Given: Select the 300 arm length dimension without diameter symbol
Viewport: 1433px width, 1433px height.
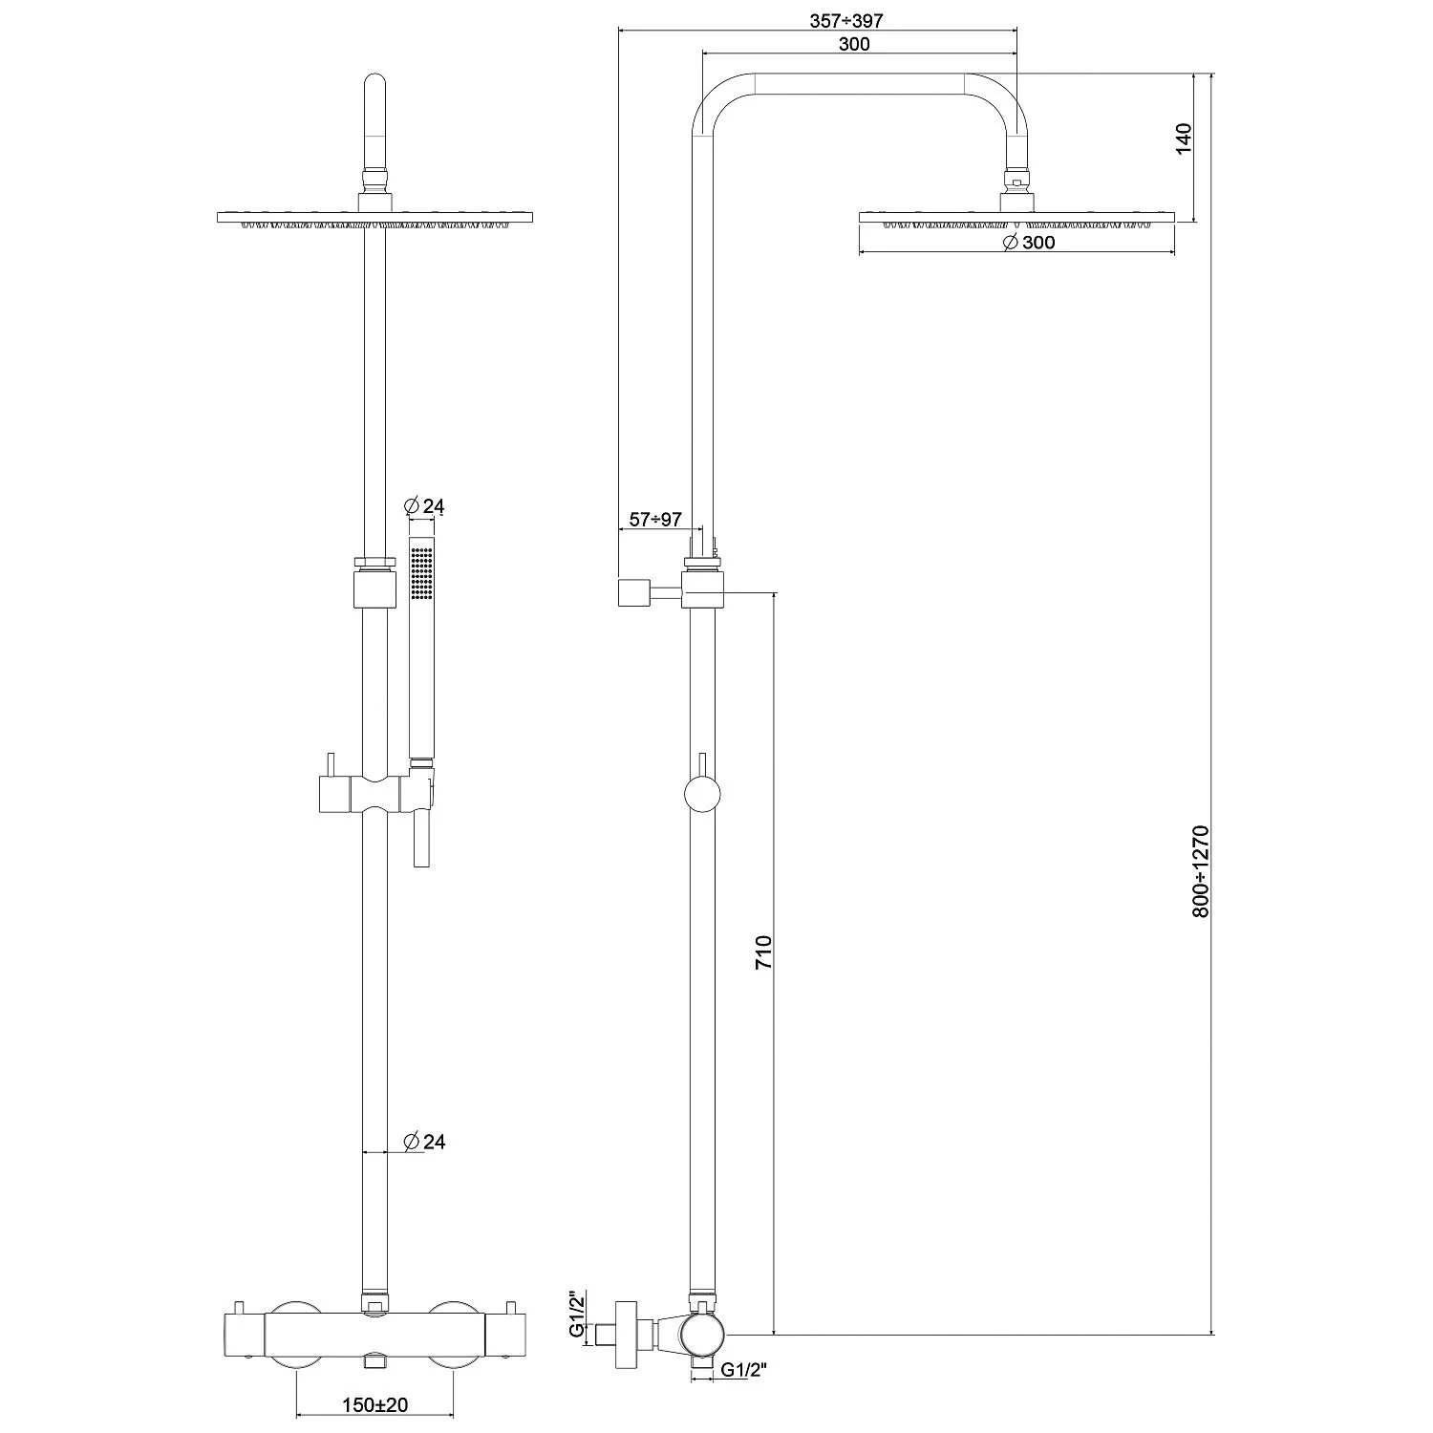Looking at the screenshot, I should tap(853, 44).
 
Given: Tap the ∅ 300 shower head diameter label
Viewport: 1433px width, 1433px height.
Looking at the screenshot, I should tap(1028, 243).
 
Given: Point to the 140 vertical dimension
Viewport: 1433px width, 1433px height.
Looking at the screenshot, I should tap(1185, 139).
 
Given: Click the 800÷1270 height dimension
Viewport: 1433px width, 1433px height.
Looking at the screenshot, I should tap(1201, 871).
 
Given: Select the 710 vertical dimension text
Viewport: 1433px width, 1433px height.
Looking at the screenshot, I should tap(762, 953).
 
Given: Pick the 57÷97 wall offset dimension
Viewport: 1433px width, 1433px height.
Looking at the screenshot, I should tap(654, 519).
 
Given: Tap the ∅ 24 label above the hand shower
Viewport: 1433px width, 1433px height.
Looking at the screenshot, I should tap(425, 506).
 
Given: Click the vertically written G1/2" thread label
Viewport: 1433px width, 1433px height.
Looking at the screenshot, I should tap(575, 1315).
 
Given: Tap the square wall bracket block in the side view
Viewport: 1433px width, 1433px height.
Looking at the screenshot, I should tap(632, 592).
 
